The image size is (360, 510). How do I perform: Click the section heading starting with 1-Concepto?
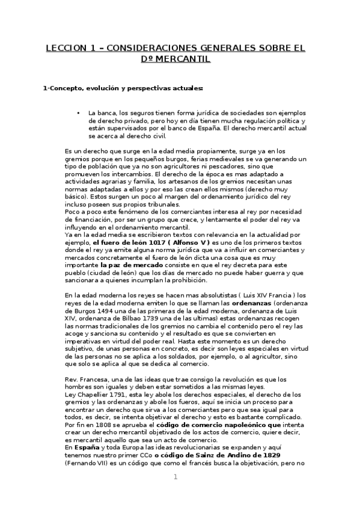(123, 89)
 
